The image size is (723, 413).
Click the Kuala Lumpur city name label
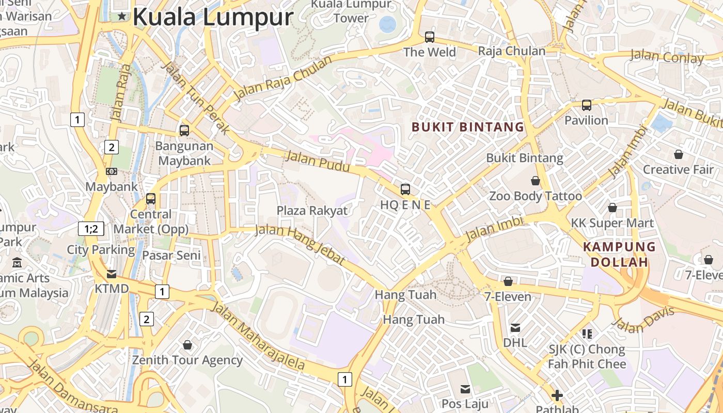(x=213, y=17)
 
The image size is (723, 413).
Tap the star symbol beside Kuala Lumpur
(x=122, y=17)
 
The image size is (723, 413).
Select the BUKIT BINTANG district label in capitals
(x=468, y=127)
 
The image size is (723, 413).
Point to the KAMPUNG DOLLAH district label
(x=619, y=254)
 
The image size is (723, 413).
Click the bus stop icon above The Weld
(x=430, y=37)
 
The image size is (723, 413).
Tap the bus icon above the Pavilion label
(x=587, y=105)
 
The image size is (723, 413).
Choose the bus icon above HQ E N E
(x=405, y=189)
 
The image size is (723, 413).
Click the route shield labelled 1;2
(x=91, y=228)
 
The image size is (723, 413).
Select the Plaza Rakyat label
(x=312, y=211)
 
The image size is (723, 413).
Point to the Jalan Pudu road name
(x=317, y=162)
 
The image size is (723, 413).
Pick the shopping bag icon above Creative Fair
(x=678, y=154)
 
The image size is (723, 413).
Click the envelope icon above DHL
(x=515, y=328)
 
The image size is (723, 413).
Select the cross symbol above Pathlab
(x=557, y=396)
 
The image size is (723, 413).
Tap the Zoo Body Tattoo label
(x=536, y=196)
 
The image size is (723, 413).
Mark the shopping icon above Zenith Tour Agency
(x=187, y=345)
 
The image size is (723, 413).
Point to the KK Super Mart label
(x=612, y=223)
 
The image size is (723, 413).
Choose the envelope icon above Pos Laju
(x=465, y=389)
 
